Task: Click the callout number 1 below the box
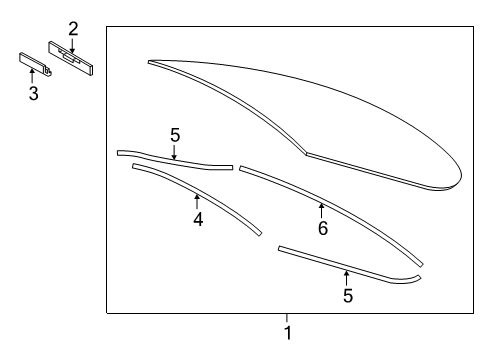pos(288,333)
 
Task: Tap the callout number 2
pos(73,29)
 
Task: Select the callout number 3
pos(33,93)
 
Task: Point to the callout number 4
pos(198,220)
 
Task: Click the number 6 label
pos(323,228)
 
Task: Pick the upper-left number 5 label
pos(175,135)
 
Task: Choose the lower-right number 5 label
pos(348,296)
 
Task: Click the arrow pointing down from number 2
pos(72,45)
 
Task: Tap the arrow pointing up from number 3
pos(32,76)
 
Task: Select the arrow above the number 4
pos(197,202)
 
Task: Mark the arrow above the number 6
pos(322,211)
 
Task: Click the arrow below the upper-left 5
pos(174,152)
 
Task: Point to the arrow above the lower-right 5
pos(347,279)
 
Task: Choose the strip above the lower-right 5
pos(347,268)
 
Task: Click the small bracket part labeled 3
pos(35,64)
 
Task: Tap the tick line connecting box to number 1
pos(287,318)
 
